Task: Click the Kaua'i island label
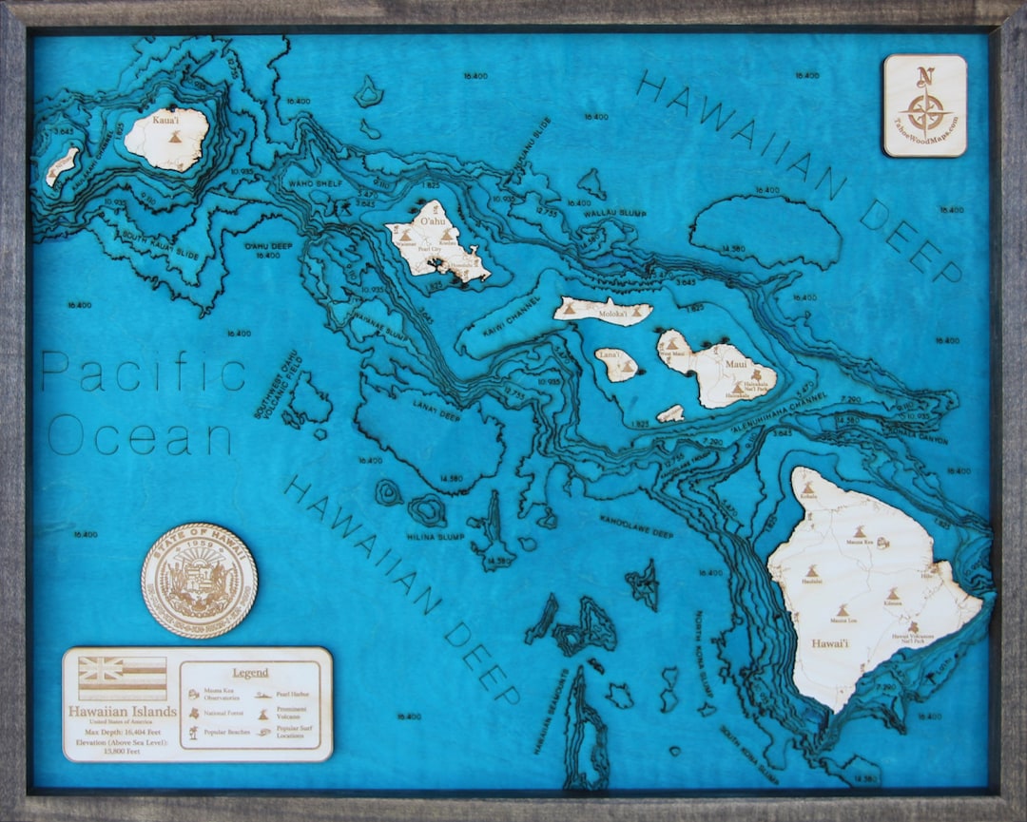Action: click(x=165, y=121)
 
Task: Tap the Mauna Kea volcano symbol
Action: click(x=859, y=532)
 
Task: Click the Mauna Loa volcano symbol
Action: click(x=842, y=611)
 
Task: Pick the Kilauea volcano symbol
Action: click(x=893, y=593)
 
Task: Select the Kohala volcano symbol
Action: click(x=807, y=487)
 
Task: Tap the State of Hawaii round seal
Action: click(x=199, y=580)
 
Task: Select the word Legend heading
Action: click(x=250, y=673)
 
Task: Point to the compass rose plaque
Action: click(x=924, y=105)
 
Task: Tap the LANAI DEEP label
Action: click(x=437, y=407)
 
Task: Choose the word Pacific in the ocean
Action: click(x=143, y=372)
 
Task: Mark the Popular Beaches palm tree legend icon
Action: click(x=194, y=734)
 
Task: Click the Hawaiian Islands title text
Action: click(x=122, y=711)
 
